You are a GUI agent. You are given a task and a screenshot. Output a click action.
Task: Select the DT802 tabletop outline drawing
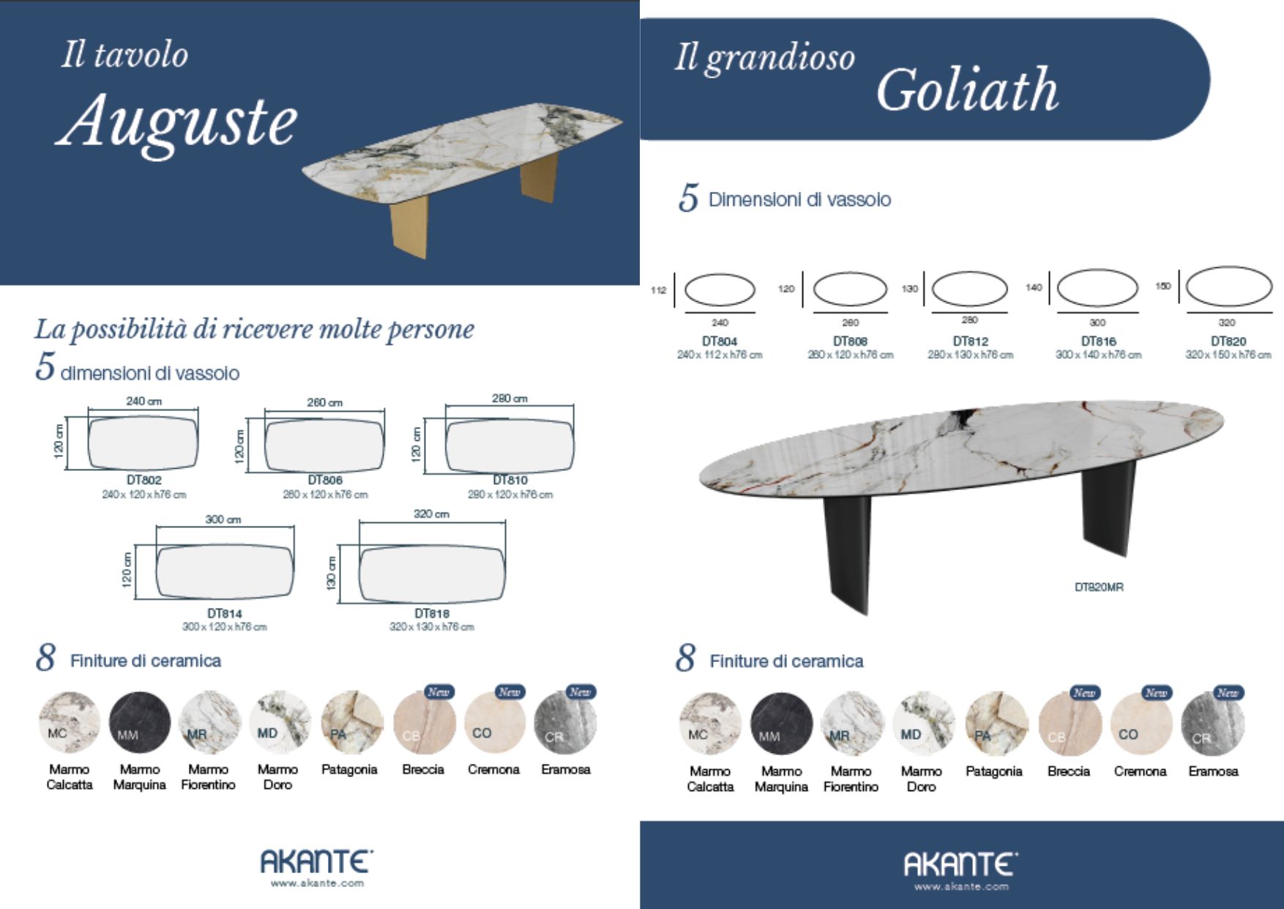pyautogui.click(x=143, y=442)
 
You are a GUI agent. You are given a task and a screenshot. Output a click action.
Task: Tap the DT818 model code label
pyautogui.click(x=432, y=613)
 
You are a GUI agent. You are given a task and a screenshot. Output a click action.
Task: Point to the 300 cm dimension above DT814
pyautogui.click(x=223, y=519)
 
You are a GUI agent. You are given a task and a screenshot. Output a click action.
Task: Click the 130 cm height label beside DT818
pyautogui.click(x=332, y=573)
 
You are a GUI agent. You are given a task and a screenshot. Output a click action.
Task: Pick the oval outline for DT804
pyautogui.click(x=720, y=290)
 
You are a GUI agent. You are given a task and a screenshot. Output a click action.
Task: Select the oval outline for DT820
pyautogui.click(x=1229, y=286)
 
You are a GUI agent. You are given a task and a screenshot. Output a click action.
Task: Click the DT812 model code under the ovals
pyautogui.click(x=971, y=341)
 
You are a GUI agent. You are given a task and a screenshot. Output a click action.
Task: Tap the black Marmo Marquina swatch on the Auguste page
pyautogui.click(x=140, y=722)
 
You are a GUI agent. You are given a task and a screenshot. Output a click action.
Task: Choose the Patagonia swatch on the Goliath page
pyautogui.click(x=996, y=724)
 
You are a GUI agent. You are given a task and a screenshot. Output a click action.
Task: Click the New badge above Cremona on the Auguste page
pyautogui.click(x=509, y=691)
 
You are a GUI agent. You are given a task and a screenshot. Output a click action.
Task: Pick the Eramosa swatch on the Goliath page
pyautogui.click(x=1213, y=724)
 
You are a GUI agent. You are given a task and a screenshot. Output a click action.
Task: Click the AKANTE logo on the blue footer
pyautogui.click(x=960, y=864)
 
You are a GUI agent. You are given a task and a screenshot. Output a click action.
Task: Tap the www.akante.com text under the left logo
pyautogui.click(x=317, y=883)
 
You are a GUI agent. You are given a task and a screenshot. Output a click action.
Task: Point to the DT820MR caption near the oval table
pyautogui.click(x=1099, y=587)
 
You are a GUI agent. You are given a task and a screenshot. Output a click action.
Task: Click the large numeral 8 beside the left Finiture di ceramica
pyautogui.click(x=45, y=658)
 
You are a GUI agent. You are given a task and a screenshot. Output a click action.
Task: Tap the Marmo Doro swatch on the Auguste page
pyautogui.click(x=280, y=722)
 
